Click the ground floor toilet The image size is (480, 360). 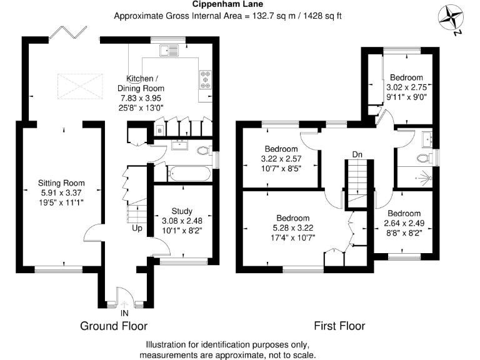[201, 151]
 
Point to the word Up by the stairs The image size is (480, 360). [136, 228]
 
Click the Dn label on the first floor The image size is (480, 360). [357, 154]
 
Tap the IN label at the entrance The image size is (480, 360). [125, 312]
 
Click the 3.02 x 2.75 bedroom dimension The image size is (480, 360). [406, 88]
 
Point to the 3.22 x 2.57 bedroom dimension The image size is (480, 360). [281, 159]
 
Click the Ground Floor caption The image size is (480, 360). [114, 326]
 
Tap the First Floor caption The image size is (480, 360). [339, 326]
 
